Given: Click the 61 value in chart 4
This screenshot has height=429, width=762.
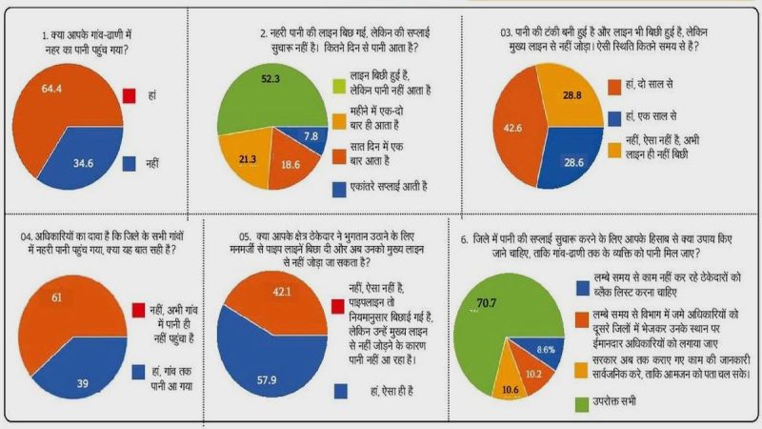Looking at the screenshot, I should [60, 298].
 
